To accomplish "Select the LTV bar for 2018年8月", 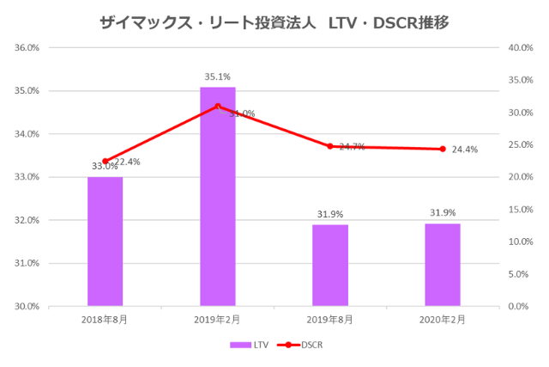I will tap(105, 241).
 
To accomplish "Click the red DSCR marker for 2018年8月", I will tap(106, 162).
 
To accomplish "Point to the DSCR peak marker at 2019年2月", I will tap(218, 107).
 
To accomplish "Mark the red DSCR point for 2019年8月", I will tap(330, 146).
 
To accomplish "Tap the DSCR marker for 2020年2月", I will tap(443, 149).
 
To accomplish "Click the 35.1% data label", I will tap(218, 76).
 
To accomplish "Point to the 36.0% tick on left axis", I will tap(27, 48).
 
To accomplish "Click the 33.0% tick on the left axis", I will tap(27, 177).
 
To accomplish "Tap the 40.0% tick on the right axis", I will tap(521, 48).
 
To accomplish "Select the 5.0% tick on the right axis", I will tap(519, 274).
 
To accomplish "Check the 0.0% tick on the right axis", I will tap(519, 306).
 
